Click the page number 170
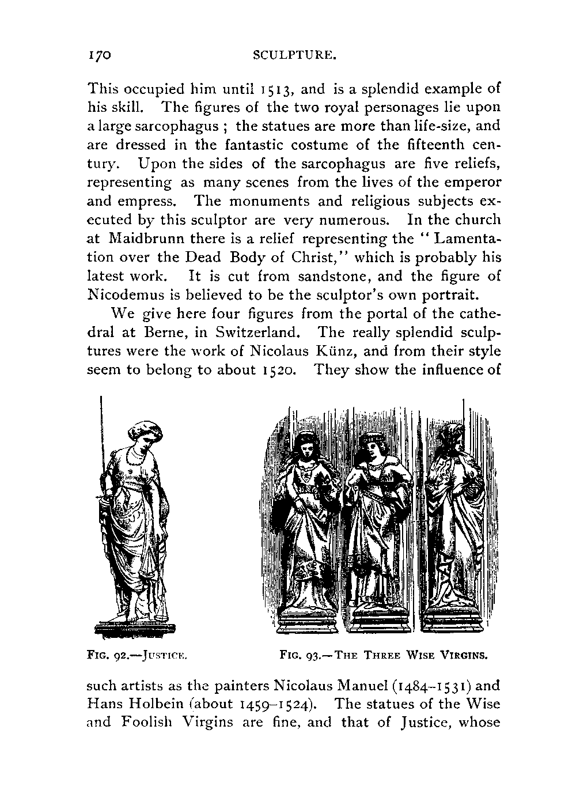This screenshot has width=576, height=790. click(x=98, y=55)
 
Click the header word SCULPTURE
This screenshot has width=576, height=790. click(x=294, y=56)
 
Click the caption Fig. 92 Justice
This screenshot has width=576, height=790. click(x=138, y=655)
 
